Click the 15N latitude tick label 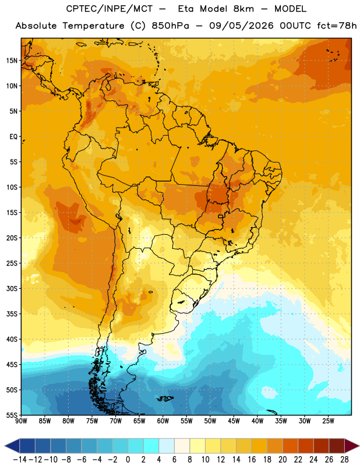[x=12, y=61]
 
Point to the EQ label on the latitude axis [x=13, y=137]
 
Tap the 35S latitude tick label [x=12, y=314]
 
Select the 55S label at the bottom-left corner [x=12, y=415]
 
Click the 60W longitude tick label [x=163, y=421]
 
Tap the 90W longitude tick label [x=21, y=421]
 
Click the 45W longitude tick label [x=234, y=421]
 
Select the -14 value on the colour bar [x=20, y=460]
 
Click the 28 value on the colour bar [x=344, y=460]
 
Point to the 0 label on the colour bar [x=128, y=460]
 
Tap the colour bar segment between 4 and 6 [x=167, y=446]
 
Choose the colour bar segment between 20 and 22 [x=290, y=446]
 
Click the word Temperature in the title [x=93, y=26]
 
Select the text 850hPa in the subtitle [x=170, y=26]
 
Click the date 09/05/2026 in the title [x=241, y=26]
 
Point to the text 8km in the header [x=243, y=9]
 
